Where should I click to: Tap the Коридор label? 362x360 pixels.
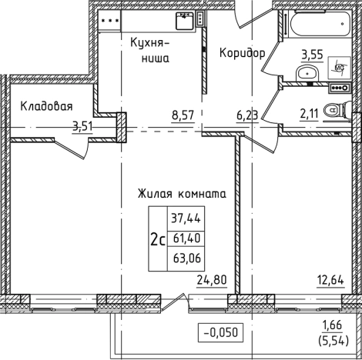click(x=243, y=53)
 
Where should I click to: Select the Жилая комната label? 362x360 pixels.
click(x=181, y=195)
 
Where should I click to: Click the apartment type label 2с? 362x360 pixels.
click(x=158, y=238)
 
